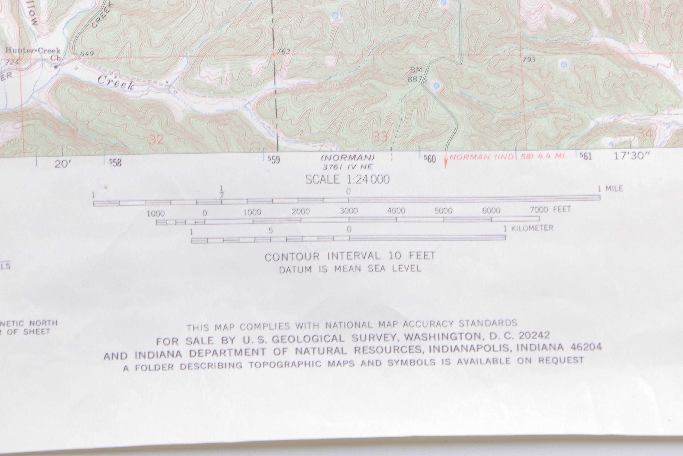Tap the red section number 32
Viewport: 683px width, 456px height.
tap(156, 140)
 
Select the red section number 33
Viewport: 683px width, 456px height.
tap(380, 137)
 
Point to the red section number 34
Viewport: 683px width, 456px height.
tap(645, 134)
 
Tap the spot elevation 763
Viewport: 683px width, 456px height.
tap(283, 52)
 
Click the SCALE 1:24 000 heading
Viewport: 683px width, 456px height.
tap(347, 179)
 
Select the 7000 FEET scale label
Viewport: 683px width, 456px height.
tap(550, 209)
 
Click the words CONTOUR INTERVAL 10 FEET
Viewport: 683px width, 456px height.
tap(350, 256)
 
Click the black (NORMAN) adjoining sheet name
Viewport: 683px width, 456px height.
tap(348, 158)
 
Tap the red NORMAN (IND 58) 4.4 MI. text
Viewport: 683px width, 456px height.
tap(508, 157)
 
